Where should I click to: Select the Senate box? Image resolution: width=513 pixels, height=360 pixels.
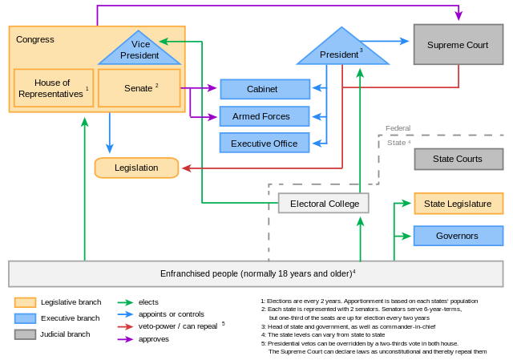139,88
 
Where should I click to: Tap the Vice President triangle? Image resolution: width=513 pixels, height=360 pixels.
139,51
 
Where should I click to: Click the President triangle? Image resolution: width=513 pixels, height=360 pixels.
342,51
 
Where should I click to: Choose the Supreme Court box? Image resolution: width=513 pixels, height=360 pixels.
458,45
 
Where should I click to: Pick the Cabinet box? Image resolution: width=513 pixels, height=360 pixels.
265,89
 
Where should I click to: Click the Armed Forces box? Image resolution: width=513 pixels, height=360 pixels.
265,116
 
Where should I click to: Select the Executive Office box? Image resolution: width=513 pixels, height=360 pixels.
265,144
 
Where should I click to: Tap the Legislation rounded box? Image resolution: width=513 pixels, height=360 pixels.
136,168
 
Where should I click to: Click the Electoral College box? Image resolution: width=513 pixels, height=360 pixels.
323,204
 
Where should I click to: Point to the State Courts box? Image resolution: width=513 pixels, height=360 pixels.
458,159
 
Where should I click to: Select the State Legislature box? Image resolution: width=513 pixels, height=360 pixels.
458,204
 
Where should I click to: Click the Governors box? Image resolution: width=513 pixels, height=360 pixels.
458,236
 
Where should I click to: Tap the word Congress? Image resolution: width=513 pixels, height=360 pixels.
35,39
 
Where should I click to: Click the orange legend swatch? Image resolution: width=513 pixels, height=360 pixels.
25,302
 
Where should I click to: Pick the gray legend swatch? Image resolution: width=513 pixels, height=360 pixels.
25,334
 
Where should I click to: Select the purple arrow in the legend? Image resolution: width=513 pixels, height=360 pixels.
125,339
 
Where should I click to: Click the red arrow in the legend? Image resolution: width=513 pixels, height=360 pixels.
125,327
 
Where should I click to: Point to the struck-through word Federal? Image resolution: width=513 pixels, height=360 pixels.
398,128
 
